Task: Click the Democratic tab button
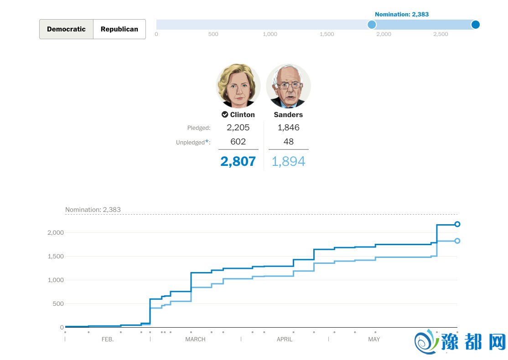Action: tap(66, 29)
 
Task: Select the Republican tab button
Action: tap(119, 29)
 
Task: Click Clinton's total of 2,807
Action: tap(238, 161)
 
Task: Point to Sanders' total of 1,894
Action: tap(288, 161)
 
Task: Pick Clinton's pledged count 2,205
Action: tap(238, 128)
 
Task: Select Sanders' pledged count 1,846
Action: tap(288, 128)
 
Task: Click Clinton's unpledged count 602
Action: tap(238, 142)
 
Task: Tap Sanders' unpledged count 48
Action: tap(288, 142)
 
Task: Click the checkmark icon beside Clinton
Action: tap(225, 115)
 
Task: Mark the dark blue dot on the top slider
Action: tap(475, 25)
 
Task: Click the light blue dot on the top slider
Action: tap(372, 25)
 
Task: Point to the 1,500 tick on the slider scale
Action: tap(327, 34)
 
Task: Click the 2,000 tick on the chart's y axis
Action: tap(56, 233)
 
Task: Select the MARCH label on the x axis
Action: tap(195, 339)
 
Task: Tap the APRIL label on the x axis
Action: tap(285, 339)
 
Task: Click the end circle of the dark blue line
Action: tap(457, 224)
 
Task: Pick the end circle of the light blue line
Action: tap(457, 241)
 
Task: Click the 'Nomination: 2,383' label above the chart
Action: tap(93, 210)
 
